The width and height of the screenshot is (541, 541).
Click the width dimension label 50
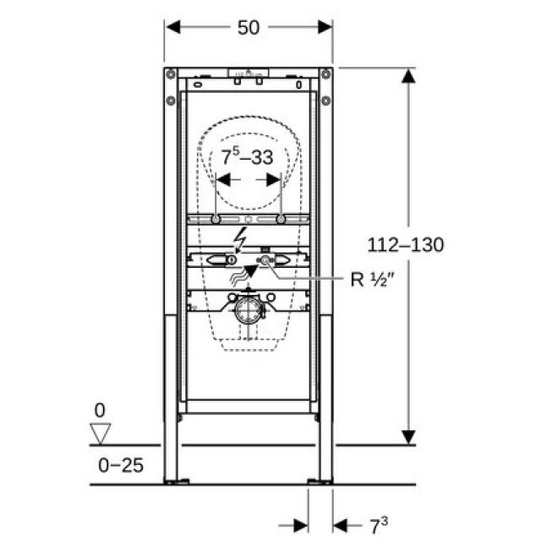[x=248, y=27]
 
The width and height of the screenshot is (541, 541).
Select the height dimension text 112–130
[x=406, y=244]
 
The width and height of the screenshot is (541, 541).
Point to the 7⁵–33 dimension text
[x=248, y=156]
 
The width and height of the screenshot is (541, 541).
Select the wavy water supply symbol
[x=241, y=271]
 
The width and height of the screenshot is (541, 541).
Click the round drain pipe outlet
[x=247, y=310]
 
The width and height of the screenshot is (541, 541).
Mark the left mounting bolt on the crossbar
[x=217, y=221]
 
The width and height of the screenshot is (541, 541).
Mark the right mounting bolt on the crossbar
[x=280, y=221]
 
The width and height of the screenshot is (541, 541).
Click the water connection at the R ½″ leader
[x=265, y=261]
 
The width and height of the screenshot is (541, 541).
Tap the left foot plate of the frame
[x=176, y=482]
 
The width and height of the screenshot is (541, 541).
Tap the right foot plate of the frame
[x=320, y=482]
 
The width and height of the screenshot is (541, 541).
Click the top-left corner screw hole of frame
[x=171, y=74]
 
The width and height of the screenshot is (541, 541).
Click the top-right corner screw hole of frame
[x=325, y=74]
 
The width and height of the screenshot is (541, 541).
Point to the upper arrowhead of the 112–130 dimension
[x=408, y=77]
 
